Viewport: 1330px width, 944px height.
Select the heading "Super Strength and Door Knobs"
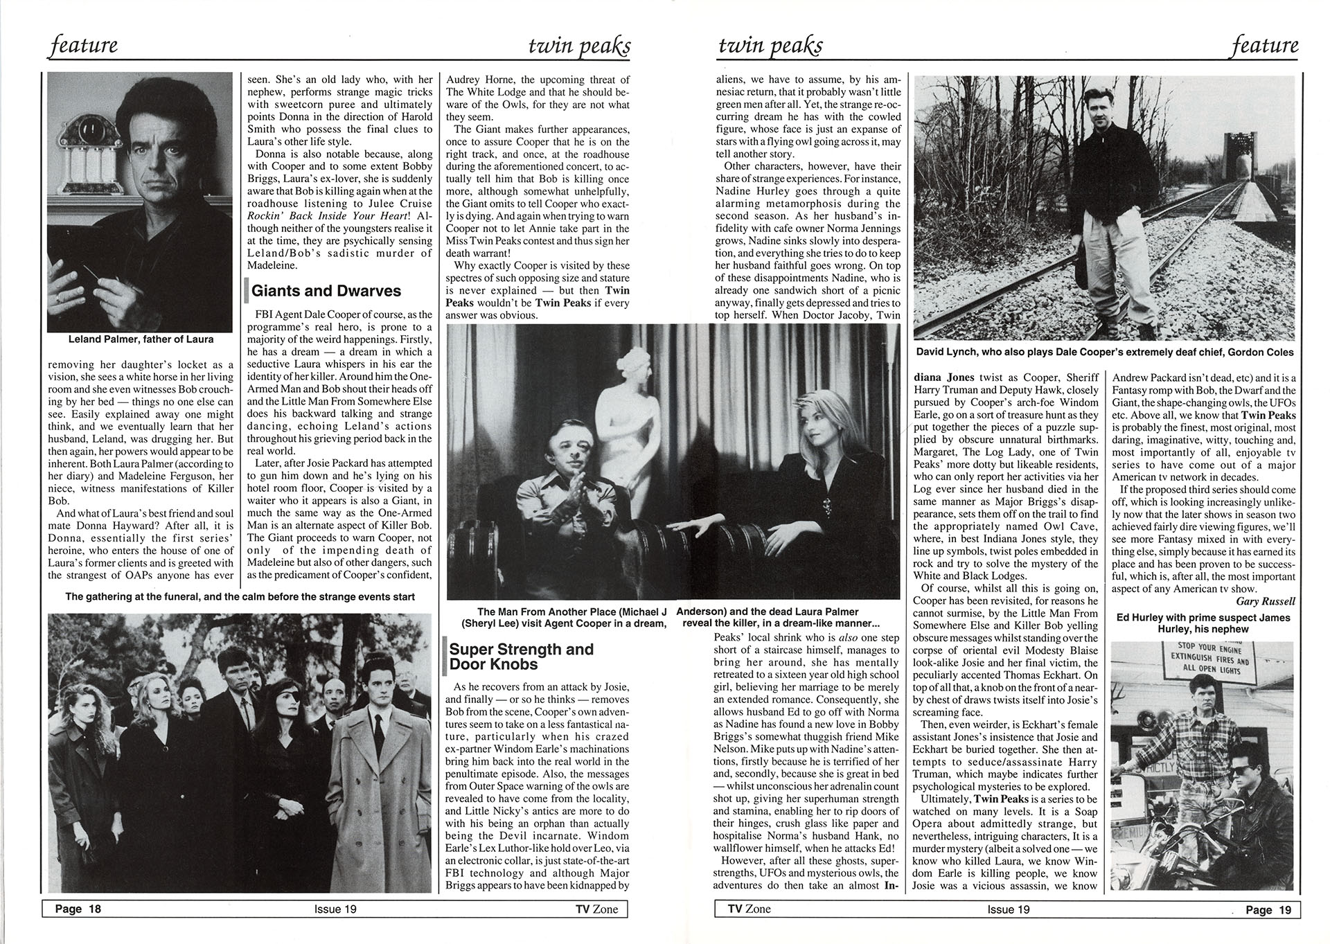(521, 657)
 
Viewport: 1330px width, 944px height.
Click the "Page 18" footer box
(78, 909)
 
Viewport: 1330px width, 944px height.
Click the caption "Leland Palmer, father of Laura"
(141, 339)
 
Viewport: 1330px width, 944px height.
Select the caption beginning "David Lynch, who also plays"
(1104, 352)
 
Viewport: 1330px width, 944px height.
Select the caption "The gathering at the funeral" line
(240, 596)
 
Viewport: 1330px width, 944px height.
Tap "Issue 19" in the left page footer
(335, 909)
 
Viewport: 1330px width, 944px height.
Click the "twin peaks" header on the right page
(770, 46)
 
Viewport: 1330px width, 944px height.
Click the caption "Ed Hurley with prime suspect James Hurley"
(1203, 623)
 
